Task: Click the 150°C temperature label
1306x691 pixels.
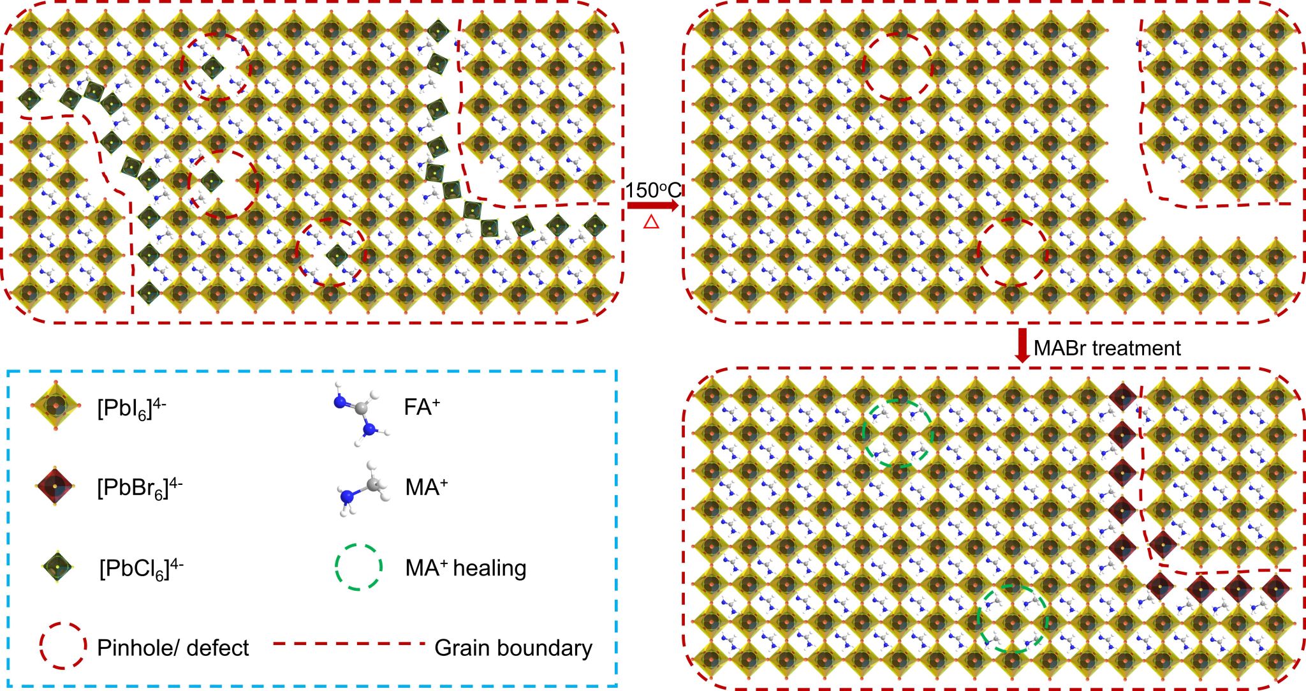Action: tap(652, 190)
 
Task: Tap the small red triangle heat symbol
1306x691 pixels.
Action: tap(651, 222)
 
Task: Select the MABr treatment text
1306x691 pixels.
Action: tap(1107, 348)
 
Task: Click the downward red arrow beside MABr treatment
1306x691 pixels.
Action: tap(1022, 346)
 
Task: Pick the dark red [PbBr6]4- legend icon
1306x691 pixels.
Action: tap(55, 486)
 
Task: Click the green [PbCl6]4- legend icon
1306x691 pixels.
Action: tap(58, 567)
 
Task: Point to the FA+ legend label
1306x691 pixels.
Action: tap(422, 407)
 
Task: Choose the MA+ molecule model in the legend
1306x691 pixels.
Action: tap(362, 489)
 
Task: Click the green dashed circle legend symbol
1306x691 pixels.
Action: tap(358, 567)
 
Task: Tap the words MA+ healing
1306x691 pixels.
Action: tap(466, 567)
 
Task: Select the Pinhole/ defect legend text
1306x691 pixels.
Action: tap(173, 648)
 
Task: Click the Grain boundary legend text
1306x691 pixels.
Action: tap(513, 648)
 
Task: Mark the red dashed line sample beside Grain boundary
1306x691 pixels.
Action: tap(349, 644)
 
